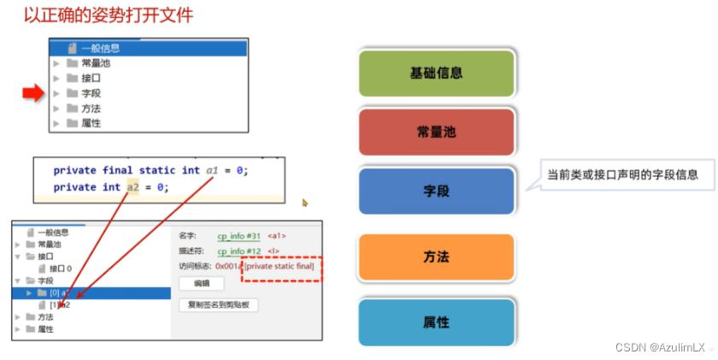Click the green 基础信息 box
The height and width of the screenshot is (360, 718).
(436, 73)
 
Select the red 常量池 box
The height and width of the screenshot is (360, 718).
(436, 133)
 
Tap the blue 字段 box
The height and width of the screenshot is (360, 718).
(436, 192)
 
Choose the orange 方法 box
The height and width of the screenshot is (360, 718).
(436, 257)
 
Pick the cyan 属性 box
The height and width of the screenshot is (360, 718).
(436, 322)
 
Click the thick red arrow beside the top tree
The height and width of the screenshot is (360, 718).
(32, 93)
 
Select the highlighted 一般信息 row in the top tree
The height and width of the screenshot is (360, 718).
(101, 48)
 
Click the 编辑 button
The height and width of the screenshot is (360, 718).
(201, 283)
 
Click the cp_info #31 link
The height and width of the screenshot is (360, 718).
(239, 235)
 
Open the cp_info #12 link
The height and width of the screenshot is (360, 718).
(239, 251)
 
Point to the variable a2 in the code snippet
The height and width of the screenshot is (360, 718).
(132, 187)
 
